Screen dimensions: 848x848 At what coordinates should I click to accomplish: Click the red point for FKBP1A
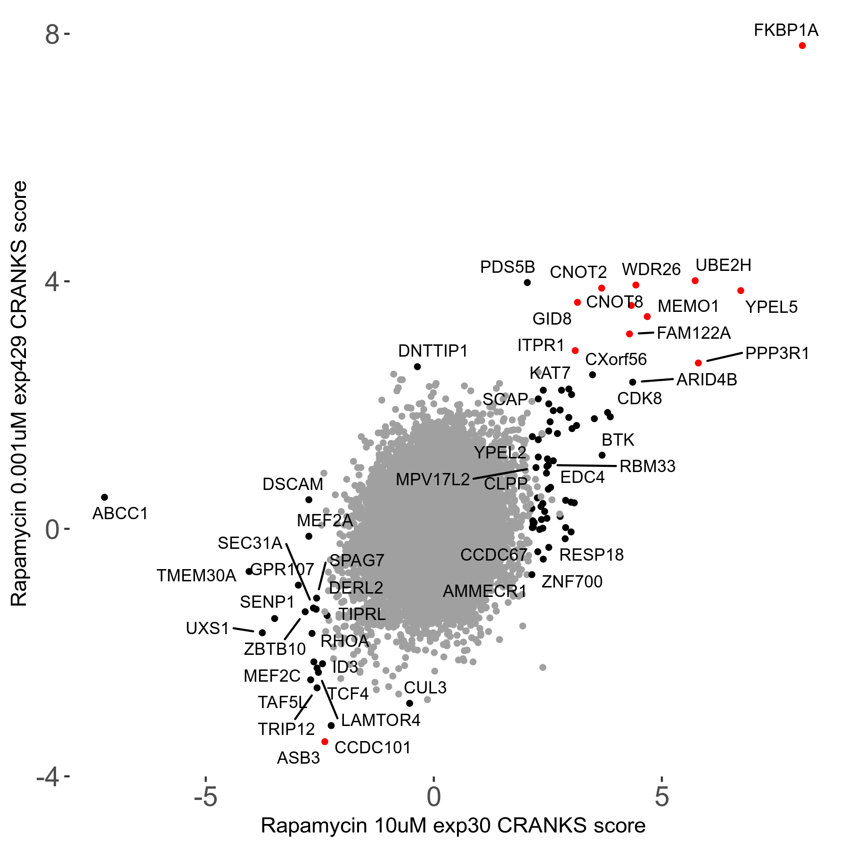click(802, 46)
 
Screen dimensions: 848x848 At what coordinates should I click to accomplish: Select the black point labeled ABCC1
click(105, 497)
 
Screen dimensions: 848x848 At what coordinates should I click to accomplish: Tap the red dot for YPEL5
click(741, 291)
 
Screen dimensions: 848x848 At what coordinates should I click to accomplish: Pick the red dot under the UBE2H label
click(695, 281)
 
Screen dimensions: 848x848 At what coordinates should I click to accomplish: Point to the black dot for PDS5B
click(527, 283)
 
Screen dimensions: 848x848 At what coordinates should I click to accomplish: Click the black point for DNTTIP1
click(417, 367)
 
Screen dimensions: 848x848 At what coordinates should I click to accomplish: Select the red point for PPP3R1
click(698, 363)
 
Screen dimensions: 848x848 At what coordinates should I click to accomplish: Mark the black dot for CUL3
click(409, 703)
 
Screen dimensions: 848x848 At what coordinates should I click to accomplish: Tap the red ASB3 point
click(325, 742)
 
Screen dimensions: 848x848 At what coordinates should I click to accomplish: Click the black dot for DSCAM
click(309, 500)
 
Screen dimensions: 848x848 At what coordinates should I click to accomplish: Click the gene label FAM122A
click(693, 333)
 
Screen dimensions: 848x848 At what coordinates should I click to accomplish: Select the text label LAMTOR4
click(381, 720)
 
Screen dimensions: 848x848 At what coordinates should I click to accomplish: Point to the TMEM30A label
click(196, 576)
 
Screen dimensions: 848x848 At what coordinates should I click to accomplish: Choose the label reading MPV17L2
click(432, 480)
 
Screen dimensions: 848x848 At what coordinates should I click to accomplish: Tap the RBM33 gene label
click(647, 466)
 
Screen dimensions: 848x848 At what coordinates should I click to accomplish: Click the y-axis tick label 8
click(52, 35)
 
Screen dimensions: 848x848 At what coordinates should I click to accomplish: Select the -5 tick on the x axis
click(206, 797)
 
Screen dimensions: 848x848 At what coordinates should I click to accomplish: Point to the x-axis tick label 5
click(661, 797)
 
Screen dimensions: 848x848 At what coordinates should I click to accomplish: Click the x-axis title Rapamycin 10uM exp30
click(453, 826)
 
